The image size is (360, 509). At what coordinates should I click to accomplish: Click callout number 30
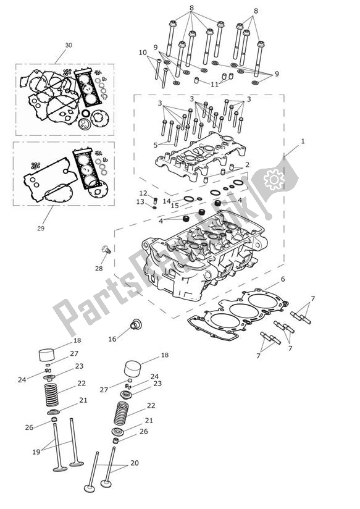(69, 45)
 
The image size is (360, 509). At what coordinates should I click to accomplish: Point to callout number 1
(303, 141)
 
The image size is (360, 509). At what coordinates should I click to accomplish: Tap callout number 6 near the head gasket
(283, 279)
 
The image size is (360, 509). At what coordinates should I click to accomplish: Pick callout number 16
(112, 339)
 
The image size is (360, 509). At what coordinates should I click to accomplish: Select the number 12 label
(143, 193)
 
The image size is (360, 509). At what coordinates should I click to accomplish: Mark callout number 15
(175, 206)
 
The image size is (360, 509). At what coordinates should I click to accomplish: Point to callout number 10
(143, 53)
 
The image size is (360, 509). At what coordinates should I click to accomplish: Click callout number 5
(157, 145)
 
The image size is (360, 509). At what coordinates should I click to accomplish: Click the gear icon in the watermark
(273, 179)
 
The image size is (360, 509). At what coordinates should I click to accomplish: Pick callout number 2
(247, 165)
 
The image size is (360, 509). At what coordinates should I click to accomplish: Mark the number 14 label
(166, 200)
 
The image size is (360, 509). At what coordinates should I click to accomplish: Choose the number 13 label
(140, 201)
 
